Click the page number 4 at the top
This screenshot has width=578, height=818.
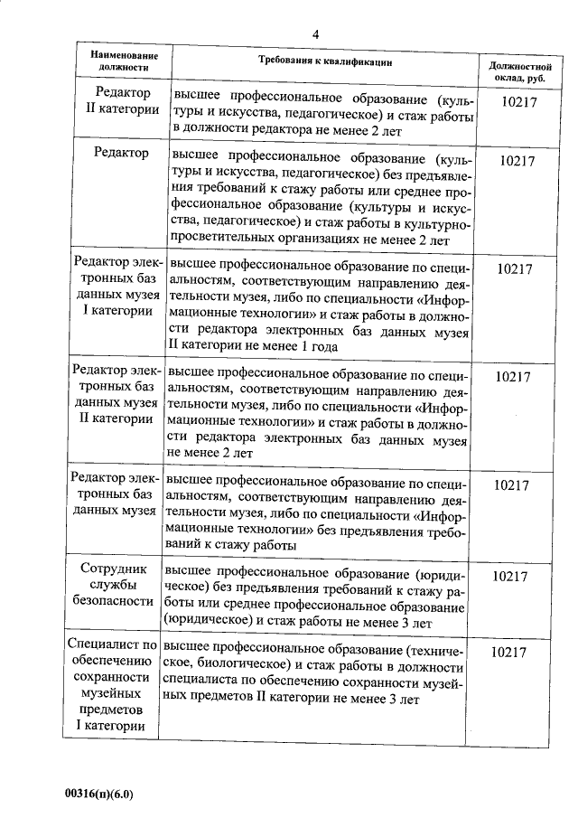click(314, 33)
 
